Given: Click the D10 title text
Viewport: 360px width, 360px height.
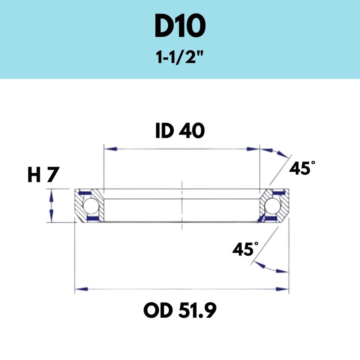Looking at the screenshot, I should tap(180, 28).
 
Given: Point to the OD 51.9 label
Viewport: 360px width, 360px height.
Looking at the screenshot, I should tap(180, 310).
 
